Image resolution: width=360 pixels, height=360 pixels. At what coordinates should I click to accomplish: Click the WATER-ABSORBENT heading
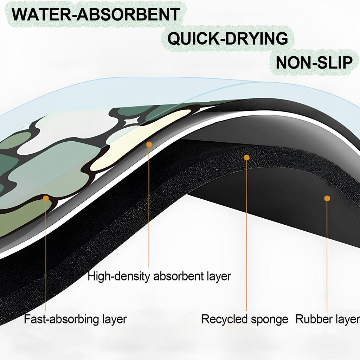tap(96, 14)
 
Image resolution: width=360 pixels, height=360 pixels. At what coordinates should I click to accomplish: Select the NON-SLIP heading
tap(314, 63)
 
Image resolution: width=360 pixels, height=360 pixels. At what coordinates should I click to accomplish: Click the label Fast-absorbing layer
tap(75, 319)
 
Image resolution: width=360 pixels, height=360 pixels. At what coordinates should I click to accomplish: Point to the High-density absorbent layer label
tap(159, 276)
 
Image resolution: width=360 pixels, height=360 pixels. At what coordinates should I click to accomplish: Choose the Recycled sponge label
tap(245, 319)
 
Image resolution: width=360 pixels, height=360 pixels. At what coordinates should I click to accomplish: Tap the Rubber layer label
tap(328, 319)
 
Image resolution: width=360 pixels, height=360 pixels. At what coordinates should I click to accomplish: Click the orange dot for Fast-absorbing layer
tap(46, 198)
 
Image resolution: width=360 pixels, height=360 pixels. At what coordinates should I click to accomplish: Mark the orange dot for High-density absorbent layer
tap(149, 144)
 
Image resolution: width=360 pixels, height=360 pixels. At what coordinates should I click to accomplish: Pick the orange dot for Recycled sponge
tap(246, 157)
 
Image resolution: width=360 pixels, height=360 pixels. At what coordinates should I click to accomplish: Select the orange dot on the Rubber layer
tap(327, 198)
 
